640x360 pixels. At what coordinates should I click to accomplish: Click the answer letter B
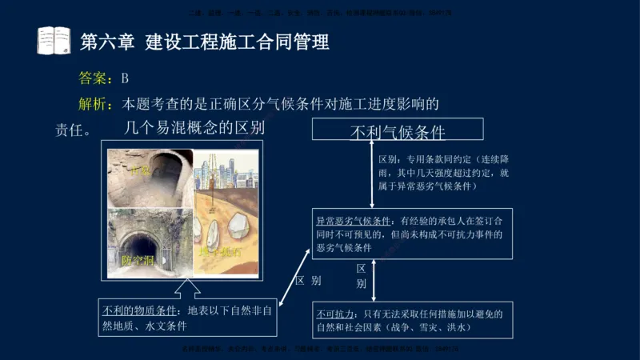tap(125, 78)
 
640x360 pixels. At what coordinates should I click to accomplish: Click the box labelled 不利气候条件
tap(398, 130)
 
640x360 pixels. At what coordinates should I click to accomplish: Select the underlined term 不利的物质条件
tap(141, 310)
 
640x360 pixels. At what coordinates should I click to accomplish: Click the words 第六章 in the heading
tap(107, 42)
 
